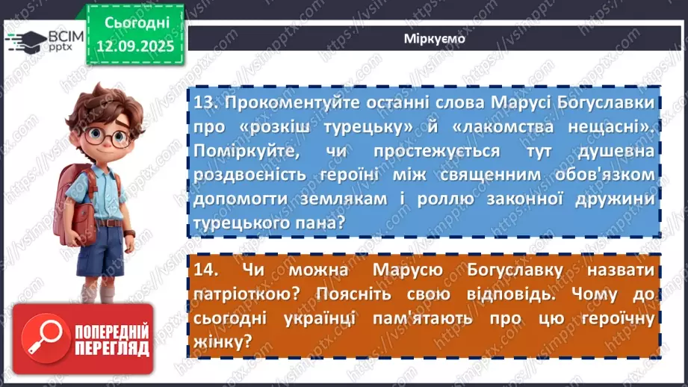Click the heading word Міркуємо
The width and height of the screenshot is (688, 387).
(430, 39)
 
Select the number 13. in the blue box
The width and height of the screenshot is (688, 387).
(205, 102)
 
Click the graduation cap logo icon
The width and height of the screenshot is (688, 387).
(30, 39)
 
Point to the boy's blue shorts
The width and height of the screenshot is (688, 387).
(103, 250)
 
